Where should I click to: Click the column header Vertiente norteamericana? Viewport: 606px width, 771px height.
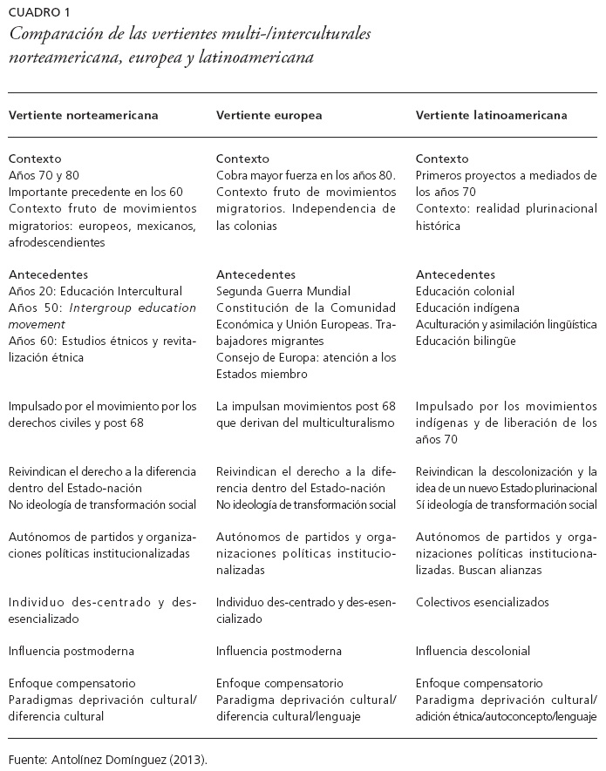83,114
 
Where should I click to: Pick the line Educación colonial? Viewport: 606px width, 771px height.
465,291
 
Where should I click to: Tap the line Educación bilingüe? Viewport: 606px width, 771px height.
466,341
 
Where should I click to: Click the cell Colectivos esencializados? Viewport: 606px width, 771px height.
482,602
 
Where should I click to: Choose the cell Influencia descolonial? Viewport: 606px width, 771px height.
473,651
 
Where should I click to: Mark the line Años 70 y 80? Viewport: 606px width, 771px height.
43,175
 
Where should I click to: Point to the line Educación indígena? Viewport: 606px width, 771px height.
467,308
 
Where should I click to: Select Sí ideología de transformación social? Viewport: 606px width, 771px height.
506,504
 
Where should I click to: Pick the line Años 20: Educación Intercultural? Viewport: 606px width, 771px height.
95,291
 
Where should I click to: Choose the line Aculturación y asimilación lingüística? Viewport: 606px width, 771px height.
506,324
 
